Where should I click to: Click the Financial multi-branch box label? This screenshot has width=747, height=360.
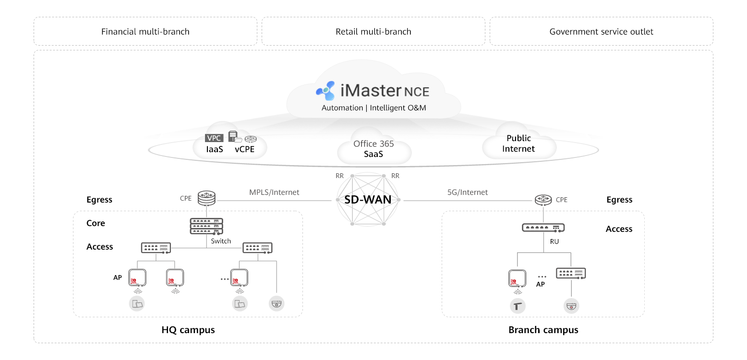tap(145, 32)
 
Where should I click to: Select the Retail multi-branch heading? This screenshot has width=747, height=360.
tap(373, 32)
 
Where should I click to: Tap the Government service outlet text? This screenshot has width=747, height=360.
tap(601, 32)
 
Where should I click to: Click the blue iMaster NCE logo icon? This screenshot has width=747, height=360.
tap(325, 90)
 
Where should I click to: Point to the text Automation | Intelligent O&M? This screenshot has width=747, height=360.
tap(373, 108)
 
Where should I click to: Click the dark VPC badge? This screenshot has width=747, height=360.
tap(214, 138)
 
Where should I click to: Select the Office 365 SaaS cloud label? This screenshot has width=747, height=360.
tap(373, 149)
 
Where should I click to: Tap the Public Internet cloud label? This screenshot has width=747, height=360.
tap(518, 144)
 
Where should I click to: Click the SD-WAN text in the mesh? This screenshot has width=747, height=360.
tap(368, 200)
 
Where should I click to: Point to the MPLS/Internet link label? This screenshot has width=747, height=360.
tap(274, 192)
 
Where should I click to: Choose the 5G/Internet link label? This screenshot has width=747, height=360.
tap(468, 192)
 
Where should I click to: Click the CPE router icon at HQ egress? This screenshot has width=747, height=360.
tap(206, 197)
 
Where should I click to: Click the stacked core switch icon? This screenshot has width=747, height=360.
tap(206, 226)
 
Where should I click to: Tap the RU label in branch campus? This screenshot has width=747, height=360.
tap(554, 242)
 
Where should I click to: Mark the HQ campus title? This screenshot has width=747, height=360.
tap(188, 330)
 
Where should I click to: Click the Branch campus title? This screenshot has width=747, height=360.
tap(543, 330)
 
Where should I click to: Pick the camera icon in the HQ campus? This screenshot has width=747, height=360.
tap(277, 303)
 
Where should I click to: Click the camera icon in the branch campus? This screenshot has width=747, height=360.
tap(571, 306)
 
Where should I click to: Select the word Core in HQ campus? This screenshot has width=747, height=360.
tap(96, 223)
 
